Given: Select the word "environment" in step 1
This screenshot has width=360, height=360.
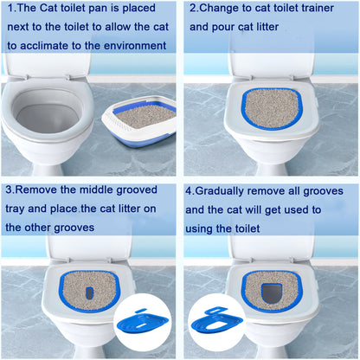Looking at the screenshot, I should [x=139, y=43].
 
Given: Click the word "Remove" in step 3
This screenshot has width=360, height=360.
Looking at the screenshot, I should [x=40, y=190].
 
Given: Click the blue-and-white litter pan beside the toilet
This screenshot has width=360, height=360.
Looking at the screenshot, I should [x=144, y=120].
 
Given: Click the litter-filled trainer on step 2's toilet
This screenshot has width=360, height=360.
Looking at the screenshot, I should [x=273, y=107].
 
